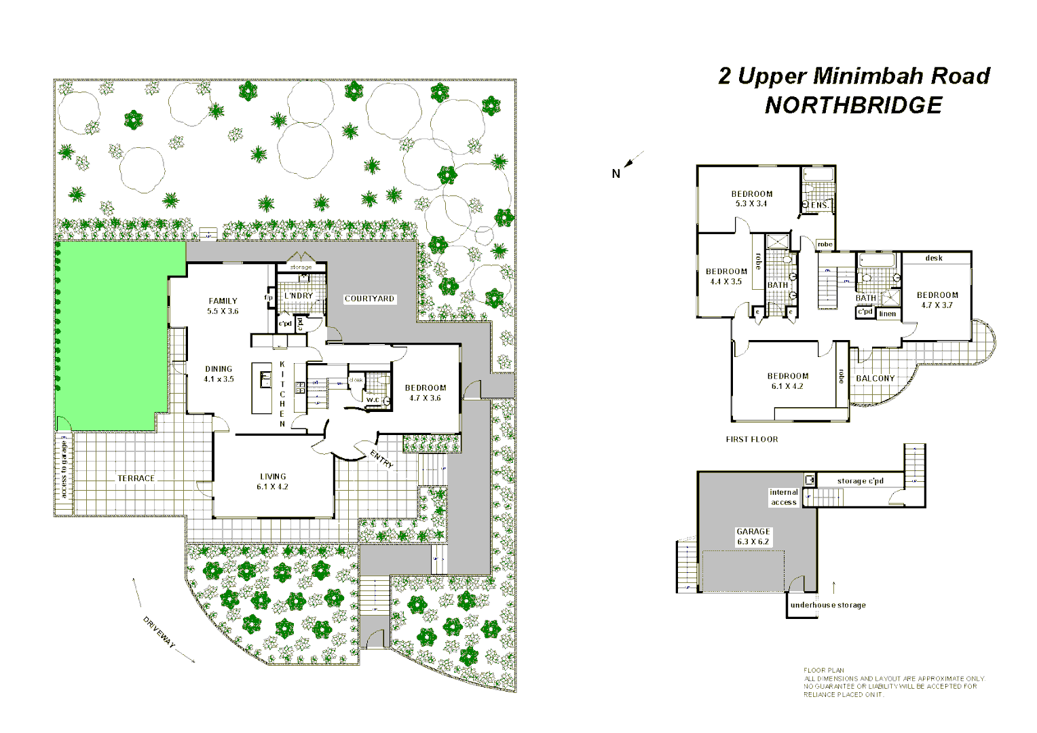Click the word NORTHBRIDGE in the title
(x=853, y=105)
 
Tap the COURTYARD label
(x=369, y=299)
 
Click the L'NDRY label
(x=299, y=296)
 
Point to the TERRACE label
(x=136, y=478)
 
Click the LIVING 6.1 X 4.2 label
(x=272, y=482)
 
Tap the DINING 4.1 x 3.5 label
(x=219, y=374)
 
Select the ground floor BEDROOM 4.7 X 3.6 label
(x=426, y=393)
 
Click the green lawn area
(x=112, y=339)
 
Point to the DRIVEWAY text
(x=159, y=633)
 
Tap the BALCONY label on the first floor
(x=875, y=379)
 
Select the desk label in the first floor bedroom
(x=934, y=258)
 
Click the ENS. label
(x=820, y=205)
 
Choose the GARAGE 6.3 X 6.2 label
(x=753, y=537)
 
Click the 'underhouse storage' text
(x=828, y=605)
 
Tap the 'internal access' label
(x=783, y=497)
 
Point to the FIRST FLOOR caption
(x=752, y=439)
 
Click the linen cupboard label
(x=888, y=314)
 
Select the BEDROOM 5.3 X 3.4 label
(x=751, y=198)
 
